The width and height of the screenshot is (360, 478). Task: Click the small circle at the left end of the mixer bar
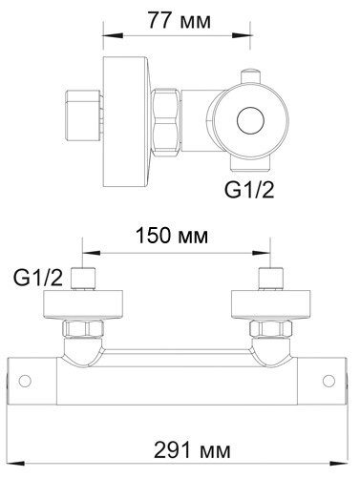[x=25, y=382]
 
